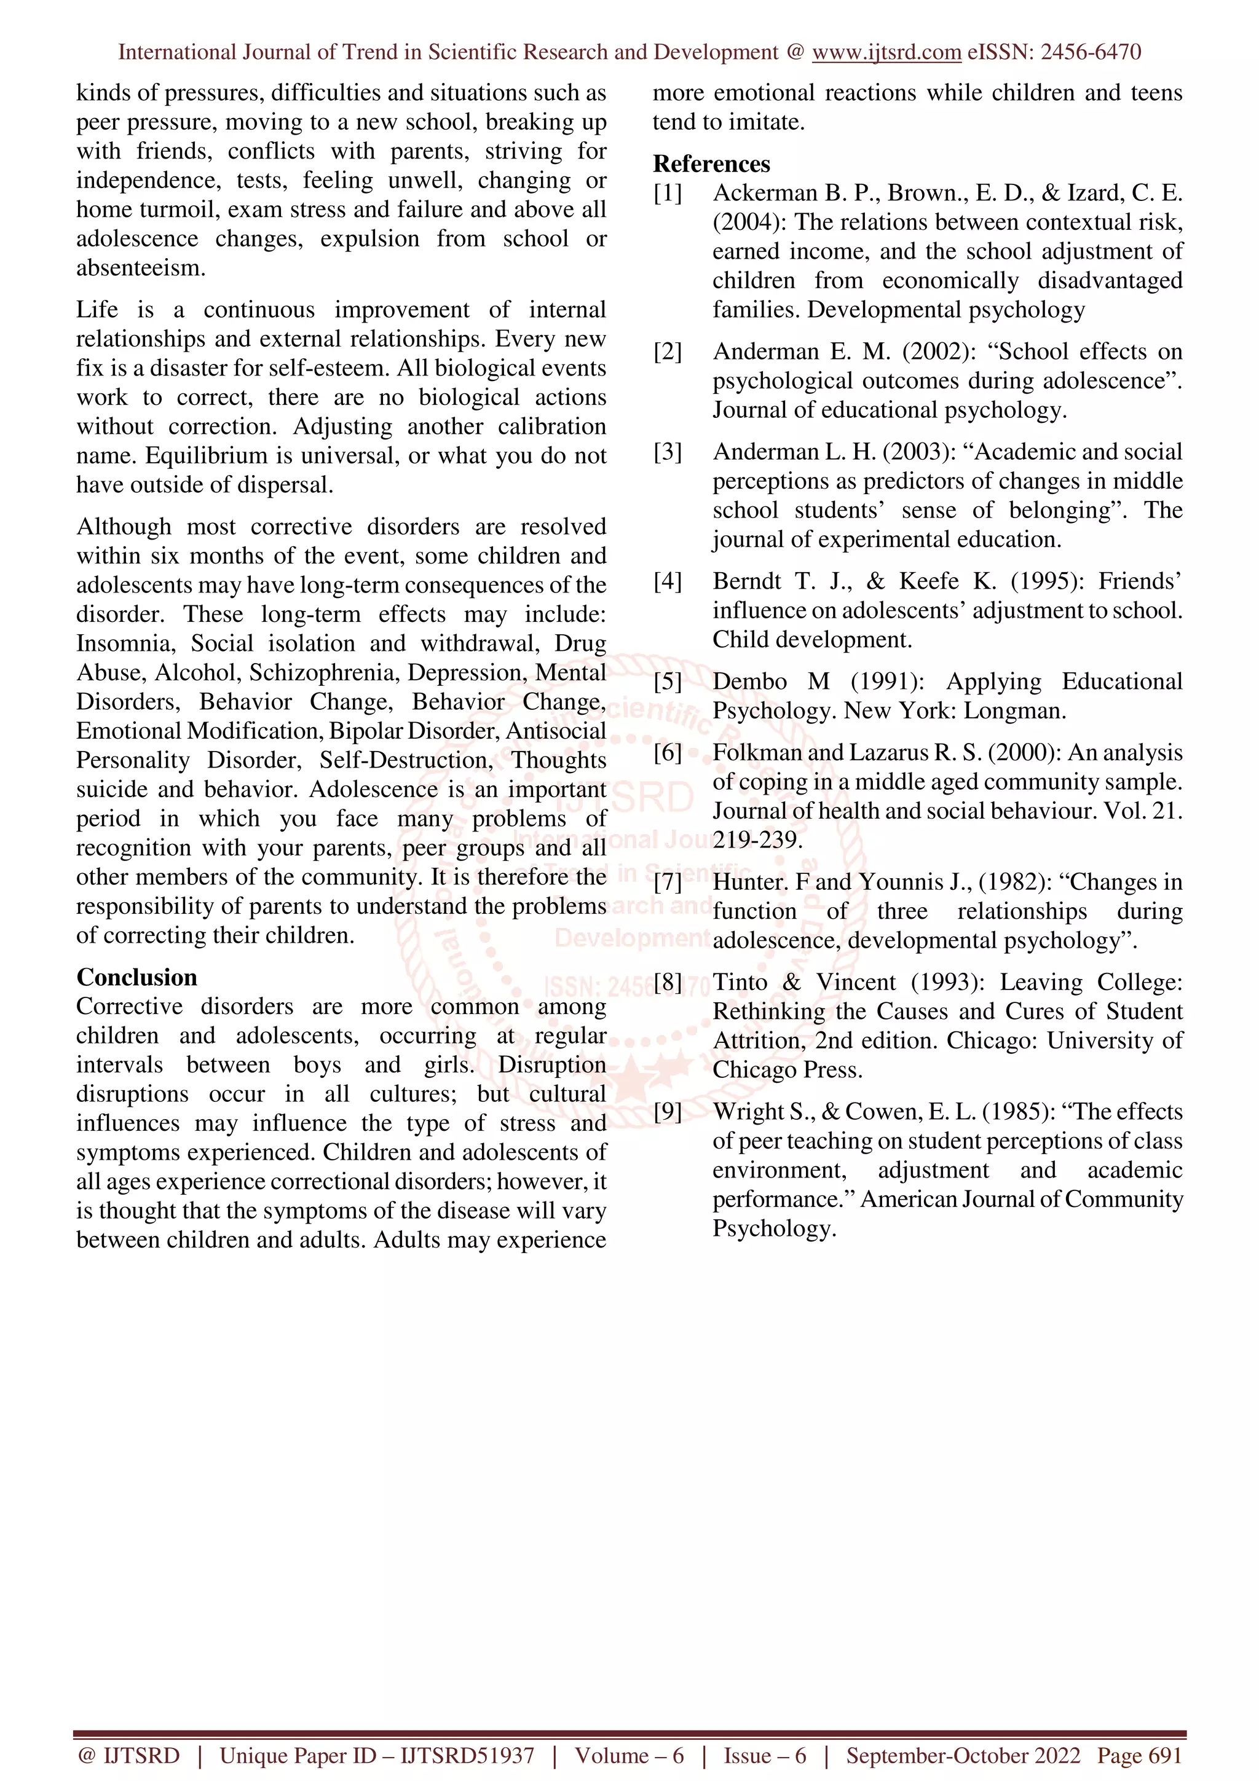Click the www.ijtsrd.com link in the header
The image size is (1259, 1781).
pos(886,52)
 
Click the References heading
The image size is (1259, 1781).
pos(711,163)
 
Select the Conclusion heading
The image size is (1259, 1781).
pos(136,977)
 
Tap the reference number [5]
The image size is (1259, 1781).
pos(667,682)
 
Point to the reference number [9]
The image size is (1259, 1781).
pos(667,1112)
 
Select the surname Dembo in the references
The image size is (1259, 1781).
pos(749,682)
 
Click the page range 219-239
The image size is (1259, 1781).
pos(757,840)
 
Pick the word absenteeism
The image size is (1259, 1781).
pos(140,269)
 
